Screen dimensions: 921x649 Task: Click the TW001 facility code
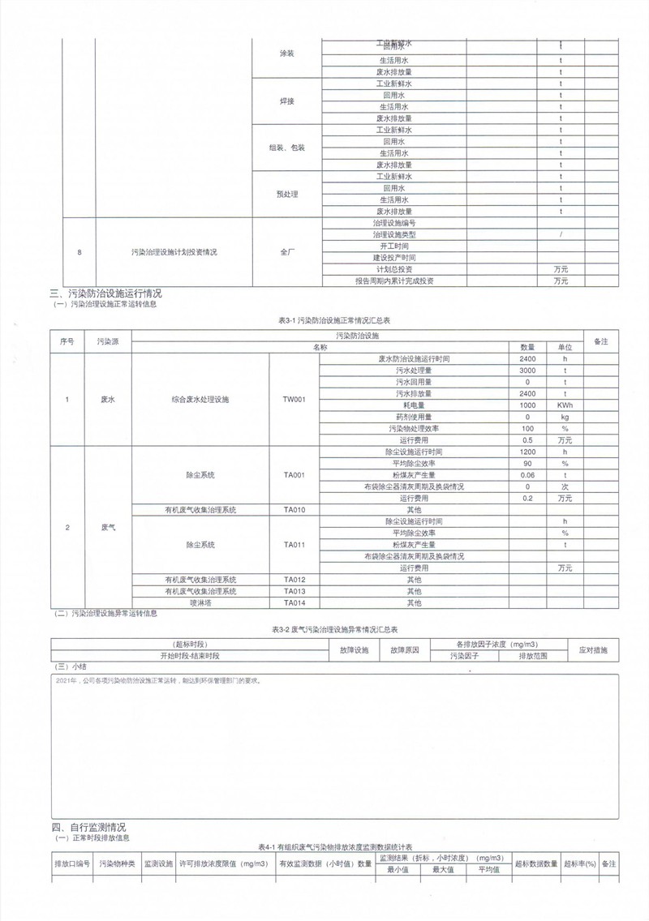(294, 399)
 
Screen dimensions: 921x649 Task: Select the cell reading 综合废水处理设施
(200, 399)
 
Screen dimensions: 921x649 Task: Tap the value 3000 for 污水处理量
(527, 370)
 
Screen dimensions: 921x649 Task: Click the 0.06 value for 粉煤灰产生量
(527, 475)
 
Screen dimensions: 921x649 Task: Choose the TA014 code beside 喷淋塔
(294, 603)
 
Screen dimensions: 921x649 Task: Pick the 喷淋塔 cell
(200, 603)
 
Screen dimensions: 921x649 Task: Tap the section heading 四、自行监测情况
(88, 827)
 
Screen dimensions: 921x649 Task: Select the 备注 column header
(601, 341)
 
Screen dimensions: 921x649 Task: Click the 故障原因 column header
(404, 650)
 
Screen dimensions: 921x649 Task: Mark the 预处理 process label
(287, 194)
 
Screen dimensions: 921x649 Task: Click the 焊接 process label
(287, 101)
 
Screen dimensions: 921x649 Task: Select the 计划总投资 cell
(394, 269)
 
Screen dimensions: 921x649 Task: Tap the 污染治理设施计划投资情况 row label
(174, 252)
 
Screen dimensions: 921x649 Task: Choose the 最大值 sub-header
(442, 869)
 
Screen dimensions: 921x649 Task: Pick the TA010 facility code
(294, 510)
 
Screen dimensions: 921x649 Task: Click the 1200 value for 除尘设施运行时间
(527, 452)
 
